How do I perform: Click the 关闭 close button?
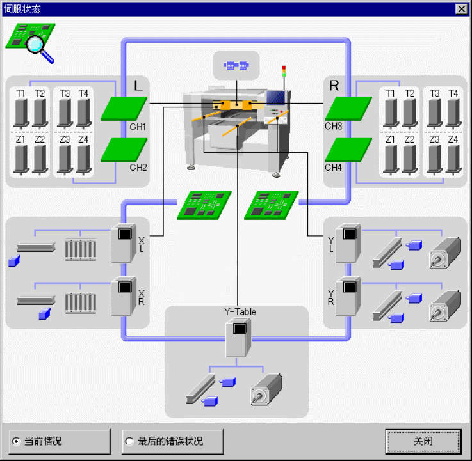point(423,441)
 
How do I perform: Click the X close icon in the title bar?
point(461,9)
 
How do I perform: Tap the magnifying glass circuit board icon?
point(31,42)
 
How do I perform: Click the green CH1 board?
point(124,108)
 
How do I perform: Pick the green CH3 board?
point(348,108)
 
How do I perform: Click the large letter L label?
point(138,86)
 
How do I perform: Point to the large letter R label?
point(334,86)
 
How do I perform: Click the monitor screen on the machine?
point(277,98)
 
